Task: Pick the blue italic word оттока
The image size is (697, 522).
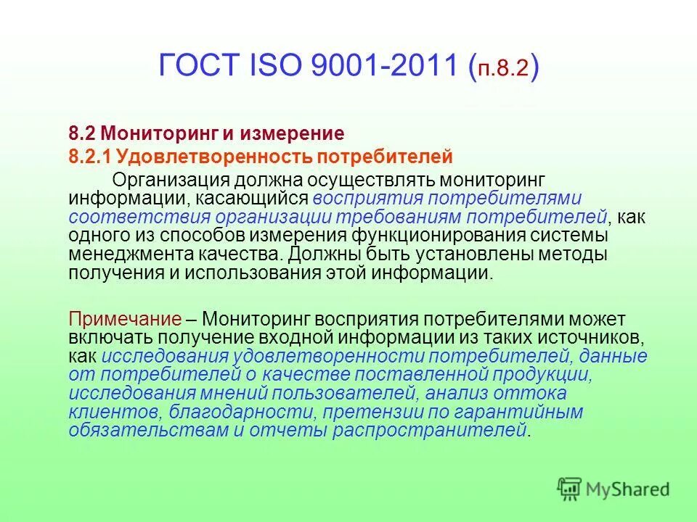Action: (538, 393)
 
